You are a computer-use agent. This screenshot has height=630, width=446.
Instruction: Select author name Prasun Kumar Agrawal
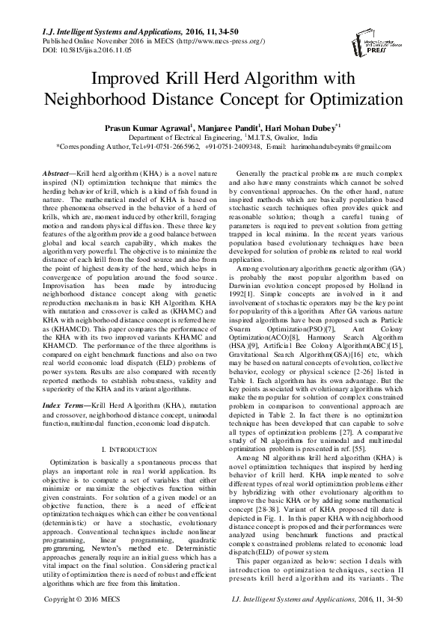click(x=149, y=128)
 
